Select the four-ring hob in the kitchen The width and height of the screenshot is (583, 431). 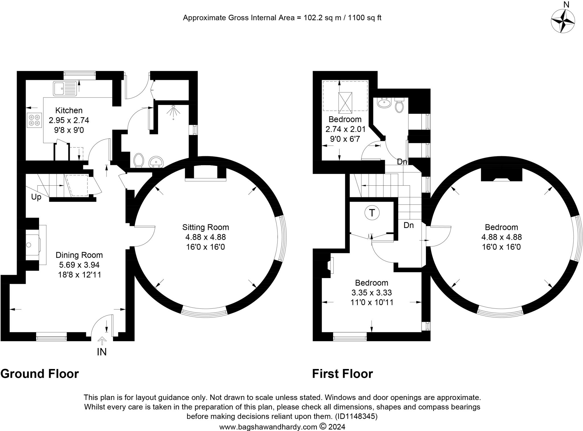click(34, 120)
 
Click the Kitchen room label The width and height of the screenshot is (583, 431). click(69, 110)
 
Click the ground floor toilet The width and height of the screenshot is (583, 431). click(139, 160)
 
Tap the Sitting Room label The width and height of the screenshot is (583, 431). click(206, 227)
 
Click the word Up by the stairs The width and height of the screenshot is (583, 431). click(36, 197)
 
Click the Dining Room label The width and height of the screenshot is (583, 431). click(79, 255)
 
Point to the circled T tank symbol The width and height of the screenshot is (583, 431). click(372, 213)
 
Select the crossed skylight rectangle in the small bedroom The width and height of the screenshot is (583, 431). click(345, 103)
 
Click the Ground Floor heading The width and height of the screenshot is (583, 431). click(40, 374)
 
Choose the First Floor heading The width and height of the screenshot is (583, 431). click(342, 374)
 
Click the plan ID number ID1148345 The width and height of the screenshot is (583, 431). click(356, 416)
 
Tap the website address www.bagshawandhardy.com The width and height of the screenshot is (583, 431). click(268, 427)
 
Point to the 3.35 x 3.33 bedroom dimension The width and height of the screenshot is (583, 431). click(371, 293)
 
